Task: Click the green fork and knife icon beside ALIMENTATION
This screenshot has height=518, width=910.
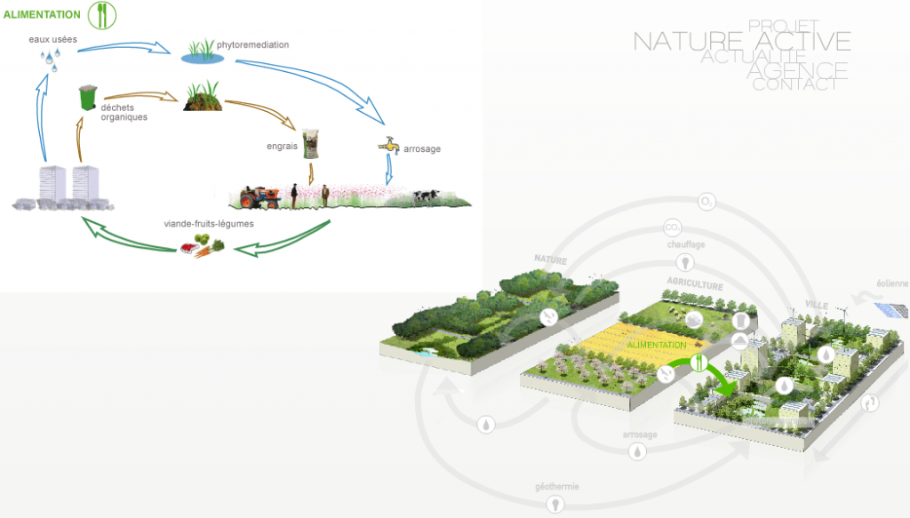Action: pyautogui.click(x=102, y=14)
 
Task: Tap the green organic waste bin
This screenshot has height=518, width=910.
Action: pyautogui.click(x=87, y=97)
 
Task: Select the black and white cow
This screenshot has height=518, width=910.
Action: pyautogui.click(x=427, y=195)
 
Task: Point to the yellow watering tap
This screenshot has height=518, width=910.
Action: pyautogui.click(x=388, y=148)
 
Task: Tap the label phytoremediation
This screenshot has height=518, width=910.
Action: pyautogui.click(x=253, y=44)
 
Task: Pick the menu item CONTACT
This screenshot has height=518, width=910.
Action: pyautogui.click(x=794, y=85)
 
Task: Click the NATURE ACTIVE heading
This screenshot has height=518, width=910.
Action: pyautogui.click(x=741, y=41)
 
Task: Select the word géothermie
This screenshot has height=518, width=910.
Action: pyautogui.click(x=557, y=487)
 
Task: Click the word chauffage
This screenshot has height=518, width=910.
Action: pyautogui.click(x=685, y=244)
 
